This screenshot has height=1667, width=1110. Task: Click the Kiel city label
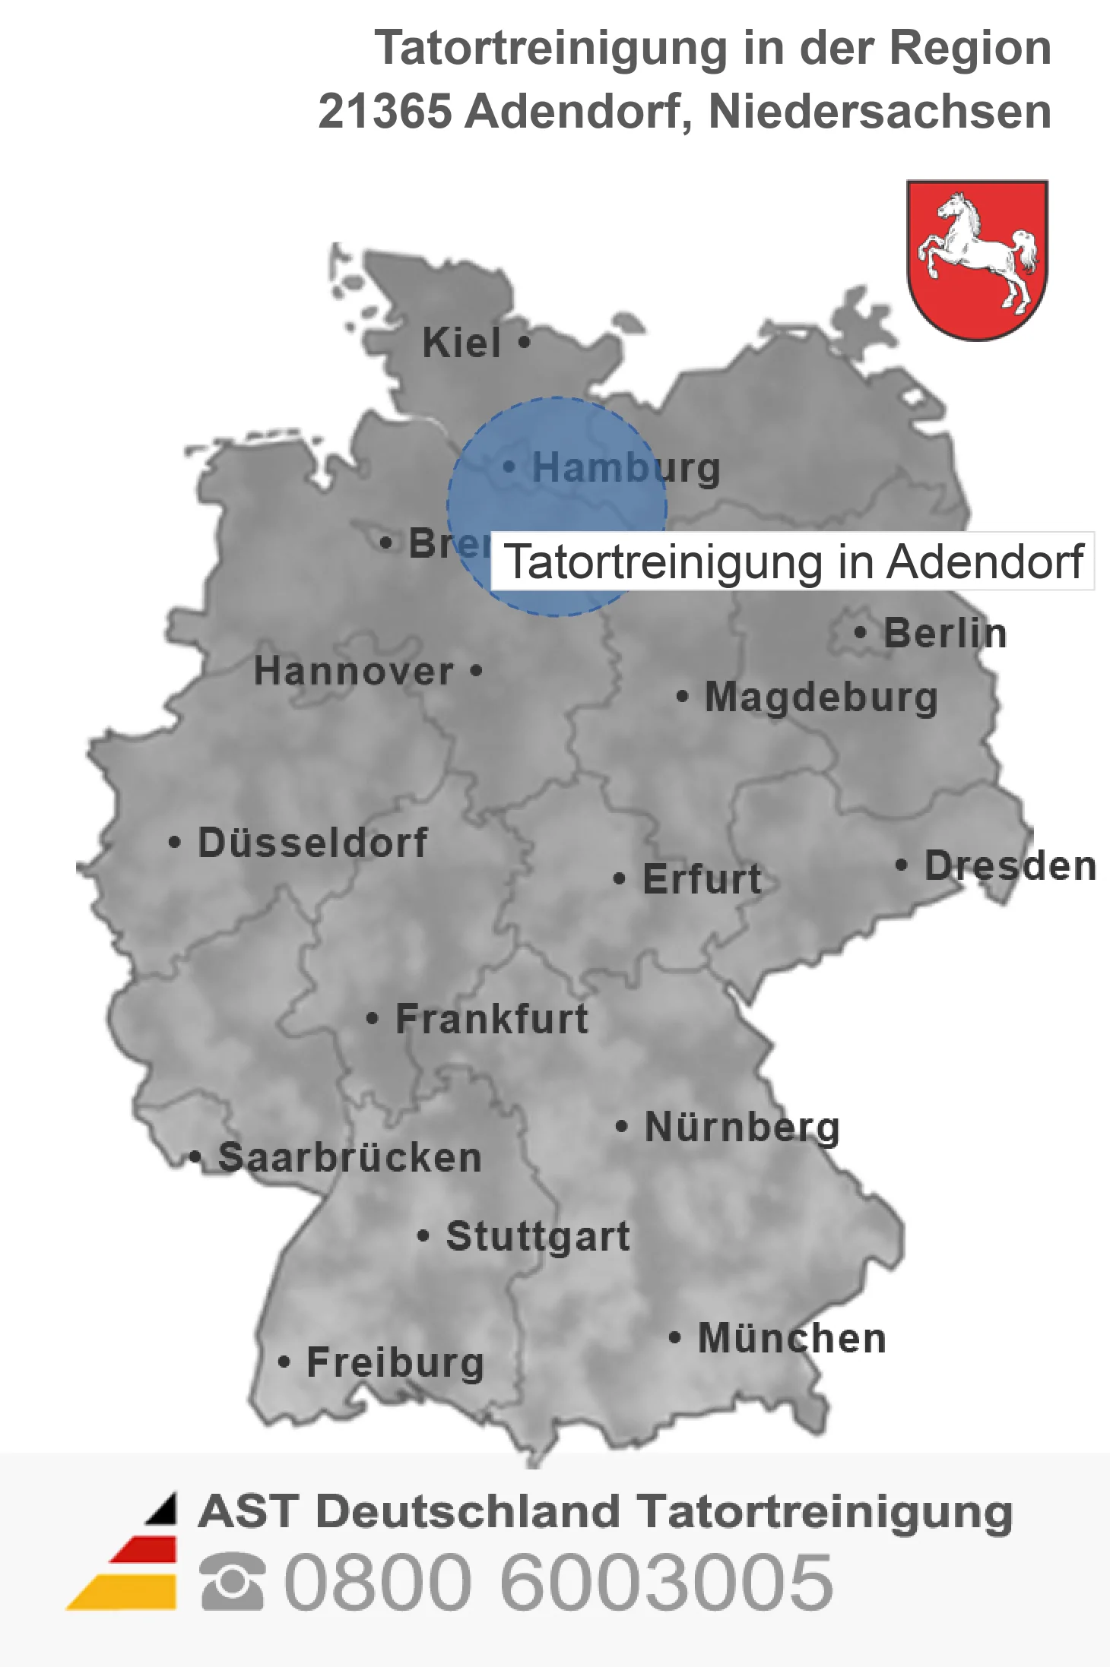pyautogui.click(x=461, y=343)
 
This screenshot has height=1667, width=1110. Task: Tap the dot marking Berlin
pyautogui.click(x=860, y=632)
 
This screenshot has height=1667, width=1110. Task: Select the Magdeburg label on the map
pyautogui.click(x=821, y=697)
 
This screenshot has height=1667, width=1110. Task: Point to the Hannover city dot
pyautogui.click(x=476, y=671)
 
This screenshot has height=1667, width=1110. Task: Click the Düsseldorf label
pyautogui.click(x=312, y=843)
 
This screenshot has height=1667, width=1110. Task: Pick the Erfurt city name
pyautogui.click(x=702, y=879)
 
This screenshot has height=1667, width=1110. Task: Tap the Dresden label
pyautogui.click(x=1010, y=865)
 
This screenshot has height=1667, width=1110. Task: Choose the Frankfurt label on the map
pyautogui.click(x=492, y=1019)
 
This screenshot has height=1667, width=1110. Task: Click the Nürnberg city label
pyautogui.click(x=742, y=1127)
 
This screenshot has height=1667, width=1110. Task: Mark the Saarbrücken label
pyautogui.click(x=350, y=1158)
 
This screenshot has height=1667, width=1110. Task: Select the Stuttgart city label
pyautogui.click(x=538, y=1236)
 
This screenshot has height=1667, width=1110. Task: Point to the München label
pyautogui.click(x=791, y=1338)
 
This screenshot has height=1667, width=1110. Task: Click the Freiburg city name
pyautogui.click(x=395, y=1362)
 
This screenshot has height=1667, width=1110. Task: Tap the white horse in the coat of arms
pyautogui.click(x=978, y=251)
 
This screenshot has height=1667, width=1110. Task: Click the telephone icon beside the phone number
pyautogui.click(x=232, y=1581)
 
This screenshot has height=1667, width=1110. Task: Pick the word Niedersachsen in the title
pyautogui.click(x=880, y=111)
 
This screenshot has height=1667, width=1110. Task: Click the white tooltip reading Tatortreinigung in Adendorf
pyautogui.click(x=792, y=561)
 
